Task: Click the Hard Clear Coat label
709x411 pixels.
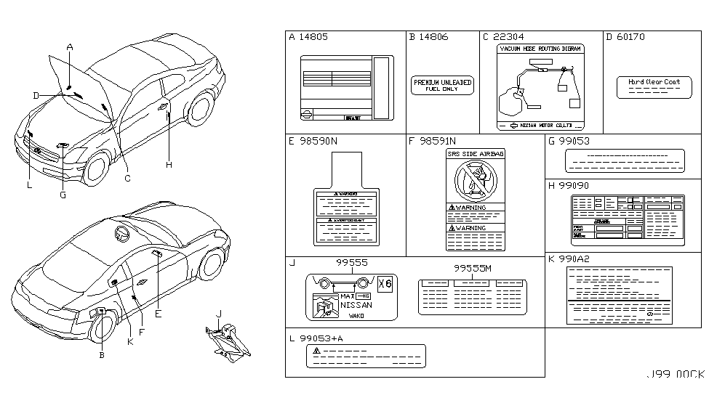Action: pyautogui.click(x=654, y=83)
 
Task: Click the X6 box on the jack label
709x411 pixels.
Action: pyautogui.click(x=385, y=284)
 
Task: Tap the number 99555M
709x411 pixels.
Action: pyautogui.click(x=473, y=268)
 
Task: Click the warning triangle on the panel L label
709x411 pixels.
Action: pyautogui.click(x=316, y=350)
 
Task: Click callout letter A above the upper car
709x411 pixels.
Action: pyautogui.click(x=70, y=47)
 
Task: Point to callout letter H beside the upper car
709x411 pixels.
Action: pyautogui.click(x=169, y=165)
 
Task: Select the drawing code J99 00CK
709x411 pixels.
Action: pyautogui.click(x=676, y=375)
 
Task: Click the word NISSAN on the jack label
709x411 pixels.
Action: pyautogui.click(x=356, y=306)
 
